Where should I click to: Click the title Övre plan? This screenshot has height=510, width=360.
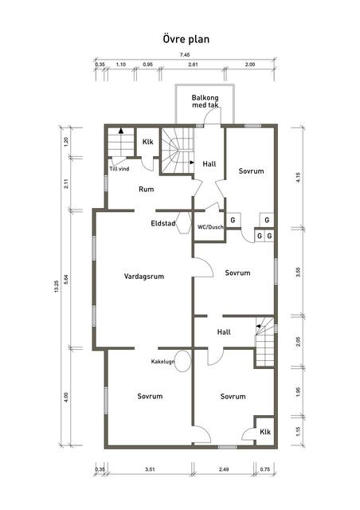click(x=186, y=39)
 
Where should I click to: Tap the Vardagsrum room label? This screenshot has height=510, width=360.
click(x=144, y=277)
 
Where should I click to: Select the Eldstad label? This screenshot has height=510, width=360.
click(x=163, y=223)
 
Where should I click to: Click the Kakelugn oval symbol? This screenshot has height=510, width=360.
click(x=182, y=361)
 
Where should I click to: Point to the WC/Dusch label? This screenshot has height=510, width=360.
click(x=210, y=227)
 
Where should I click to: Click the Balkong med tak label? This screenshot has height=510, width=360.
click(x=205, y=101)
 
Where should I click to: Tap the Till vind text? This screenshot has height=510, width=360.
click(x=119, y=169)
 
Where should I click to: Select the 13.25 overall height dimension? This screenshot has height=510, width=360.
click(x=57, y=286)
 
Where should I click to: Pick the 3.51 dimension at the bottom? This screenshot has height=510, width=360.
click(x=150, y=469)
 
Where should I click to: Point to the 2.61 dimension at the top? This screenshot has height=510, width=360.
click(x=193, y=65)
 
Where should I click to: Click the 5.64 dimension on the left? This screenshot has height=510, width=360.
click(x=66, y=280)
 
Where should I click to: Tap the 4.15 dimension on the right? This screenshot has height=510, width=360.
click(x=299, y=177)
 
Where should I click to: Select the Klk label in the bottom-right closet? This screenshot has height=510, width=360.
click(x=265, y=432)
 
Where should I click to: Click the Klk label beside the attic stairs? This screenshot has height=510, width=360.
click(x=147, y=142)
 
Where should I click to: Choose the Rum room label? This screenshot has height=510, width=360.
click(x=147, y=190)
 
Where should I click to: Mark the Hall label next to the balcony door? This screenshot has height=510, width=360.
click(x=209, y=164)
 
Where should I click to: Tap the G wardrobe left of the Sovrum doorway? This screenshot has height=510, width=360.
click(x=233, y=220)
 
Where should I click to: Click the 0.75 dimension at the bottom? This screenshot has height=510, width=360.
click(x=265, y=469)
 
